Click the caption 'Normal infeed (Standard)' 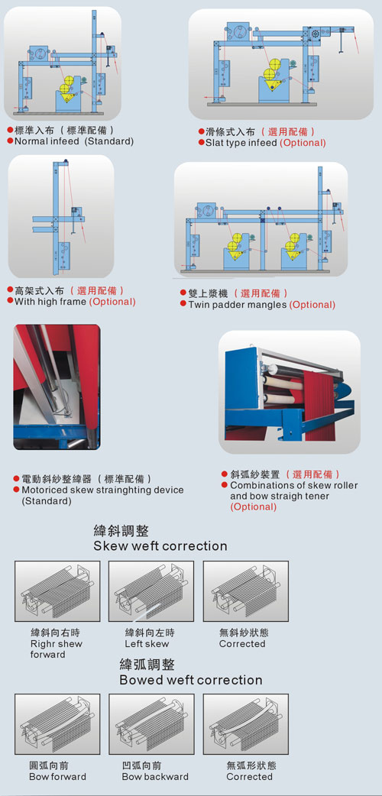[x=74, y=141]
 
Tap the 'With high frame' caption [x=50, y=302]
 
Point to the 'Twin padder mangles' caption [x=238, y=305]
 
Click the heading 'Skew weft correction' [x=160, y=546]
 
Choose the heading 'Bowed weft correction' [x=191, y=680]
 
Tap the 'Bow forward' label [x=57, y=777]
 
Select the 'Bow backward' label [x=155, y=777]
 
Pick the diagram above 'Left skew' [x=151, y=591]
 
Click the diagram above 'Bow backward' [x=151, y=724]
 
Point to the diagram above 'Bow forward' [x=57, y=724]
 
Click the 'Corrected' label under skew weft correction [x=242, y=644]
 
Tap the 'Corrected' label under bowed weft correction [x=249, y=777]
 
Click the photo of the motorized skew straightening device [x=57, y=387]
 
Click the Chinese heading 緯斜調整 [x=121, y=531]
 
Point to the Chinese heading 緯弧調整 [x=147, y=665]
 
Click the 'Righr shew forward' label [x=56, y=649]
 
